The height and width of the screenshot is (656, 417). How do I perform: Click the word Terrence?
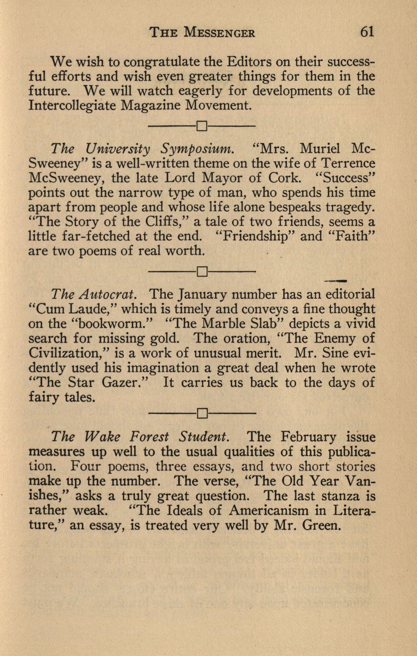pos(348,163)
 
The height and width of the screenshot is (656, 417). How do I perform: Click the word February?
pos(309,437)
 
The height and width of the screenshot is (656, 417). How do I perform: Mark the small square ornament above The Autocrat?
pos(202,271)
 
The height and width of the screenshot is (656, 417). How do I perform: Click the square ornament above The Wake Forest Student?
pos(202,413)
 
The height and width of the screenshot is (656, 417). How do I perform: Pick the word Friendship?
pos(256,236)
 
